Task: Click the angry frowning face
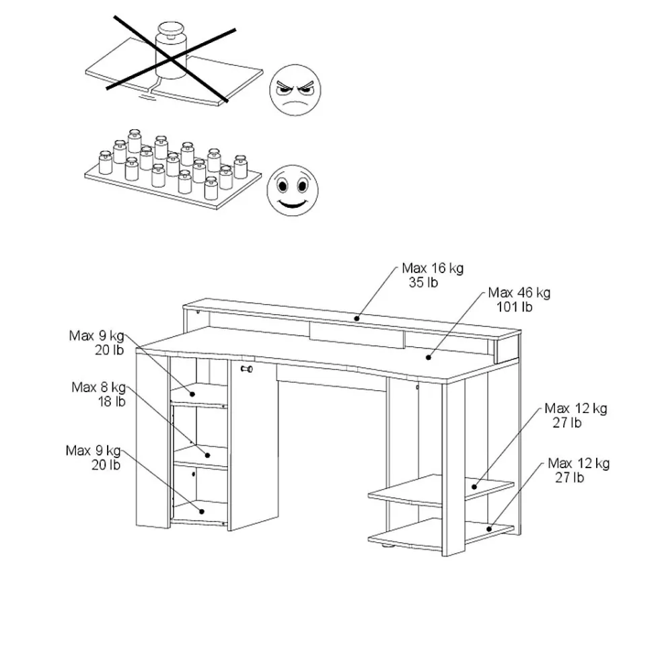(x=295, y=90)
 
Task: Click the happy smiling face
(x=293, y=190)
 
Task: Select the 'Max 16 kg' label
(x=433, y=268)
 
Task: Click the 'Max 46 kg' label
(x=519, y=293)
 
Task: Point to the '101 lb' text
(x=514, y=307)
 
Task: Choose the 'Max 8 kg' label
(x=98, y=387)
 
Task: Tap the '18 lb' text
(x=112, y=402)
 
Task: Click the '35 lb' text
(x=423, y=283)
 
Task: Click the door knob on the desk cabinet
(x=247, y=369)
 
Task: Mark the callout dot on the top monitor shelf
(x=357, y=318)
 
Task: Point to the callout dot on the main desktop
(x=428, y=358)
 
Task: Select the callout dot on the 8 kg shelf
(x=207, y=455)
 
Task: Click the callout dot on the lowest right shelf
(x=489, y=529)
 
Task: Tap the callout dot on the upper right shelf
(x=474, y=487)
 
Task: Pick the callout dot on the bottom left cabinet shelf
(x=202, y=511)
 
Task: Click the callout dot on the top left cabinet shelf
(x=192, y=394)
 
